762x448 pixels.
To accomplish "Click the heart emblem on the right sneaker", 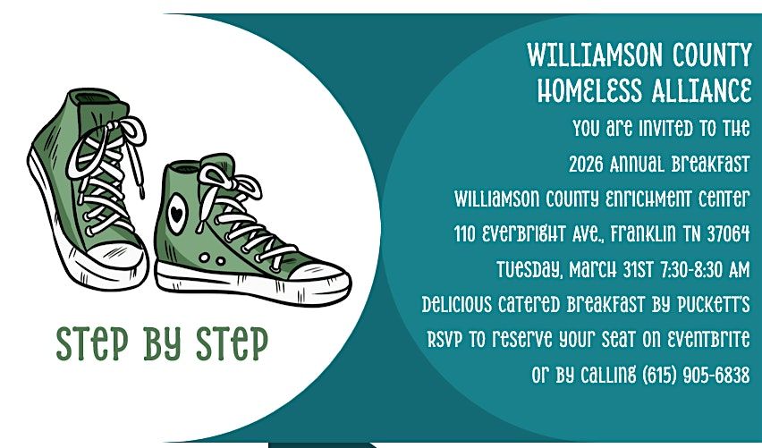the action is point(176,214).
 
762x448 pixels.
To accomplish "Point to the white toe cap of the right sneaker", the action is point(318,273).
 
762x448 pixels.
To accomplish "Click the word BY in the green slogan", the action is point(162,343).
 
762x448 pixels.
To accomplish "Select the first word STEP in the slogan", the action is point(92,343).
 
